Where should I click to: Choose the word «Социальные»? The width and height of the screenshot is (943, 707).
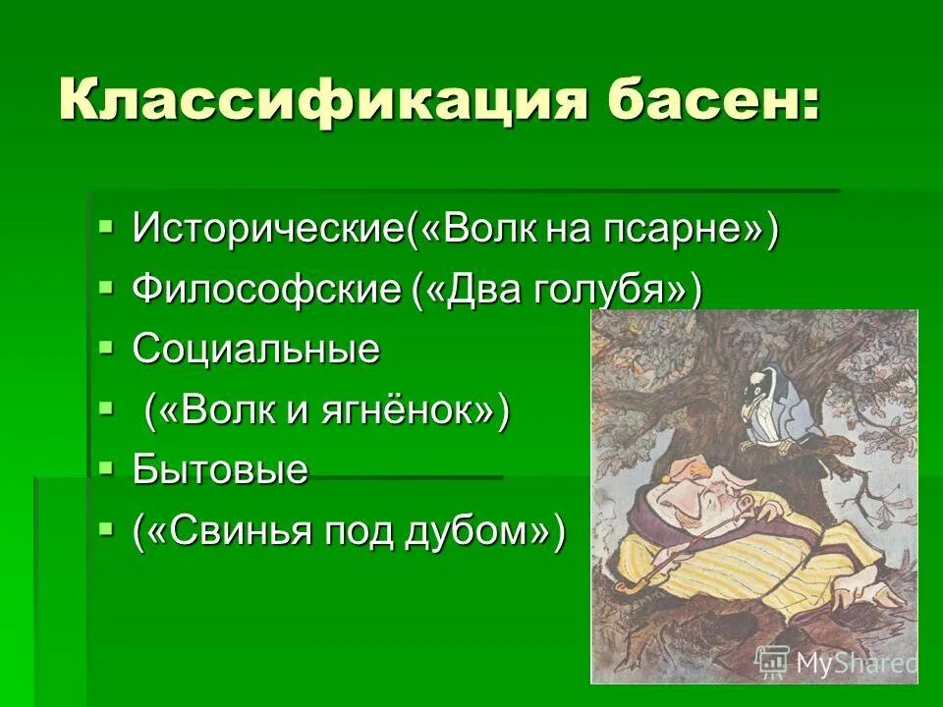[256, 351]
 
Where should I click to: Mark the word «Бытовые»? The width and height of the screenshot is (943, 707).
[221, 470]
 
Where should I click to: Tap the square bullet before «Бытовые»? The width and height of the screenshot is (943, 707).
[106, 467]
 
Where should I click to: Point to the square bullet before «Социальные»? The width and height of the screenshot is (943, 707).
[106, 348]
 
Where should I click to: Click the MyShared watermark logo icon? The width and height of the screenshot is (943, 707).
[773, 661]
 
